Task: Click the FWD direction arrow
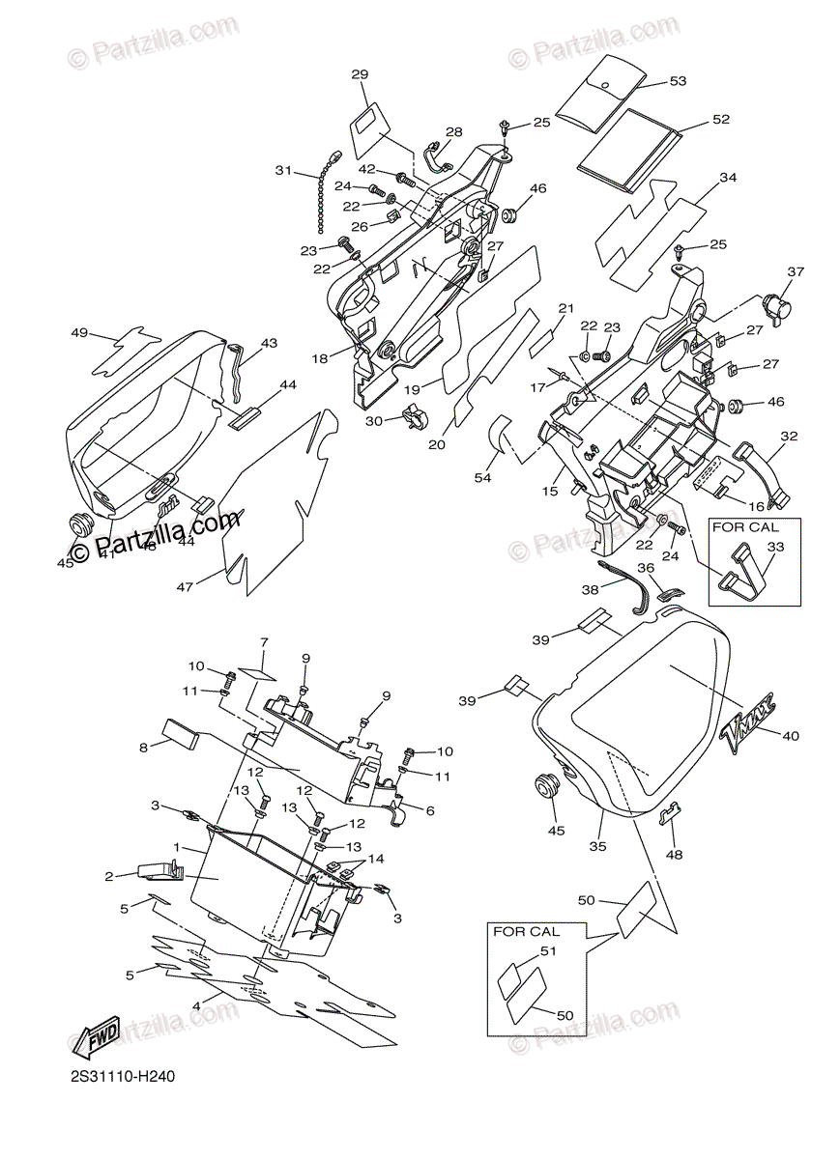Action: (x=97, y=1038)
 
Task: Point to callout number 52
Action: (x=720, y=119)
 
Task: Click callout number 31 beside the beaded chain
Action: (x=282, y=170)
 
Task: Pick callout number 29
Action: (x=360, y=74)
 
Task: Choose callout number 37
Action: (x=795, y=271)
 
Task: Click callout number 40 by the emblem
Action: (x=791, y=736)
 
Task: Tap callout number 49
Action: (x=79, y=333)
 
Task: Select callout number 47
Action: (x=184, y=585)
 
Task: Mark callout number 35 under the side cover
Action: (x=597, y=847)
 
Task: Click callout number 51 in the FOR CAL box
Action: (x=549, y=951)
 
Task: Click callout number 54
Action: (x=482, y=477)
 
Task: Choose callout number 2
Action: (x=111, y=876)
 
